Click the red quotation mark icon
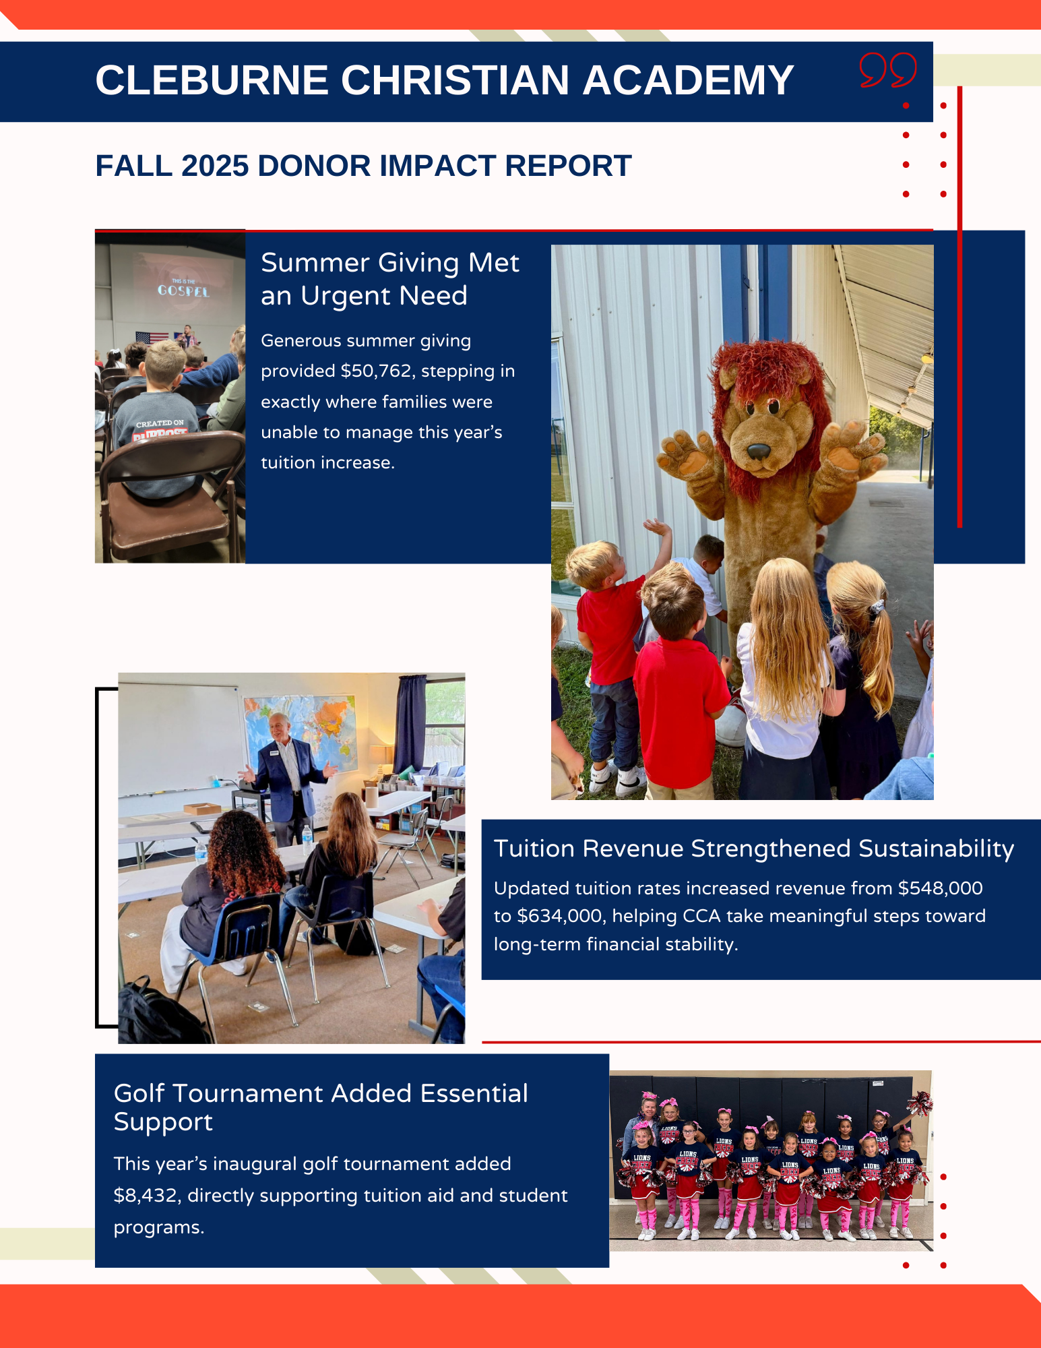point(888,69)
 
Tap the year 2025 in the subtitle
point(215,166)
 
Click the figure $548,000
point(941,888)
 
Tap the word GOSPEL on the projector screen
point(183,291)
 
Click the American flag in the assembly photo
point(152,338)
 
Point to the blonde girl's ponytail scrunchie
point(875,607)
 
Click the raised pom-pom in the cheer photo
point(919,1103)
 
